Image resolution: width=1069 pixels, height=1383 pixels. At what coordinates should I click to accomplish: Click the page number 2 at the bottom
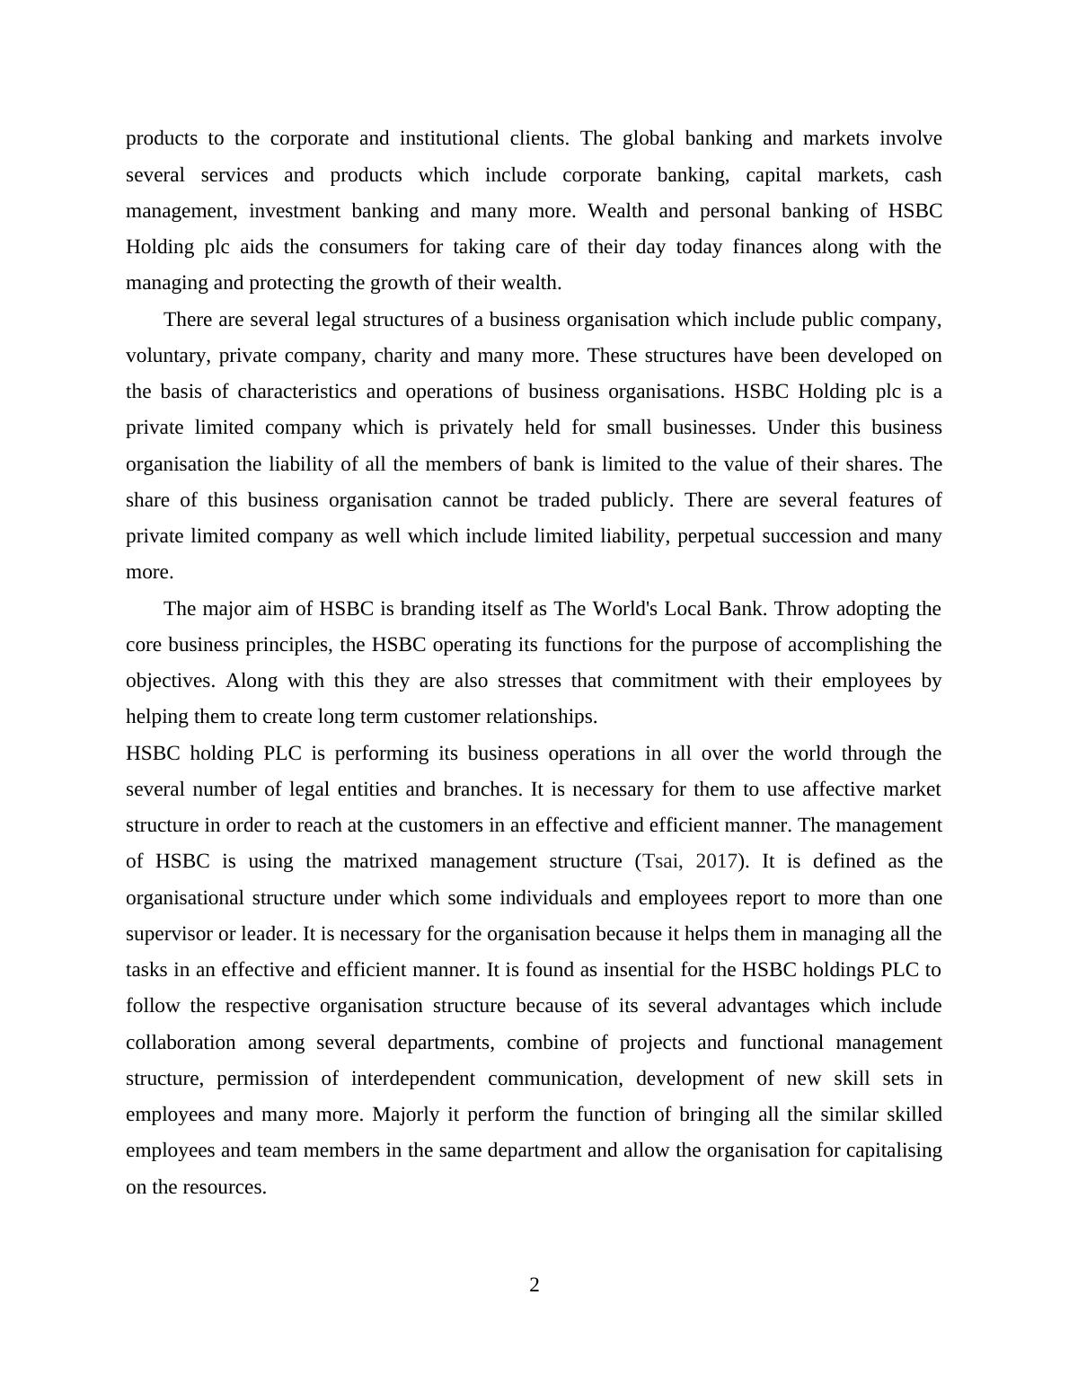pyautogui.click(x=534, y=1285)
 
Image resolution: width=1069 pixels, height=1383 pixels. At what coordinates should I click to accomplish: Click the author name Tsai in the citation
pyautogui.click(x=661, y=861)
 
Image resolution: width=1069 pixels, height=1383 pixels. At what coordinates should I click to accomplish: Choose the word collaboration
pyautogui.click(x=181, y=1043)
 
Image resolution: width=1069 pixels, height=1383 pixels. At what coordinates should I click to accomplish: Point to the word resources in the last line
pyautogui.click(x=224, y=1187)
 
